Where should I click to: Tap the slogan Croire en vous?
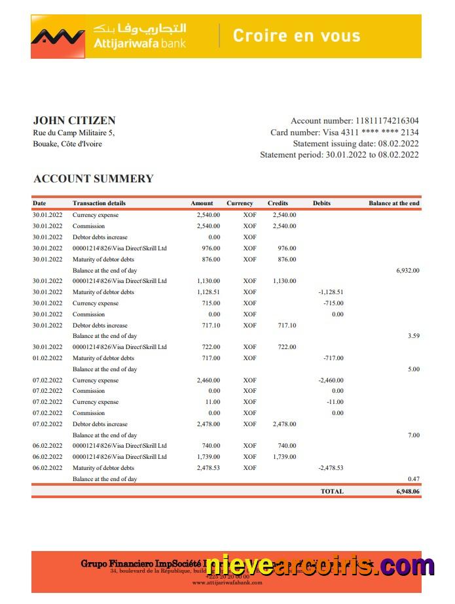click(297, 35)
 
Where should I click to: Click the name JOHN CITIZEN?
click(74, 120)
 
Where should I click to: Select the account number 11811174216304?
click(387, 121)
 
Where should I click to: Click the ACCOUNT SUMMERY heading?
click(93, 178)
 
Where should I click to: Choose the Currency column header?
click(240, 203)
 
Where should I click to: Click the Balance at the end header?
click(393, 203)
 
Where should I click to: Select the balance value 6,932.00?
click(407, 270)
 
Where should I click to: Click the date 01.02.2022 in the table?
click(47, 358)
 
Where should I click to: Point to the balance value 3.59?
click(413, 336)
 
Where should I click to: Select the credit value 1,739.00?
click(283, 457)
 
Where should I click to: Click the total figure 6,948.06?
click(407, 491)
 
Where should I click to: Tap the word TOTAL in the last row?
click(331, 491)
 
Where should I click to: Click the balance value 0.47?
click(413, 479)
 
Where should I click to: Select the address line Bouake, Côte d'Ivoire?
click(67, 144)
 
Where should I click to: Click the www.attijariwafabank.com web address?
click(227, 582)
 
